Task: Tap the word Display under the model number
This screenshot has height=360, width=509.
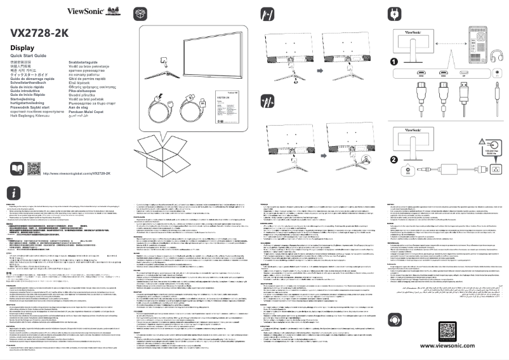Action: (22, 48)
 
